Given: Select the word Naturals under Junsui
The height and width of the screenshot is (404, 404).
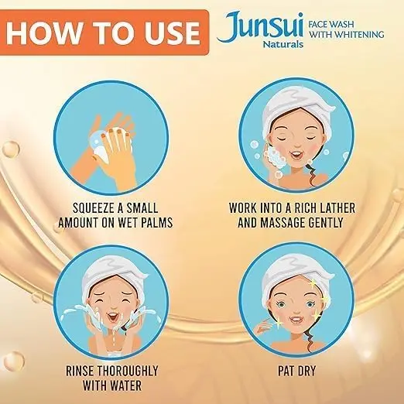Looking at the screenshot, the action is (283, 44).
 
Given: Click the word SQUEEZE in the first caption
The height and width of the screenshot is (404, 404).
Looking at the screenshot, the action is (94, 208).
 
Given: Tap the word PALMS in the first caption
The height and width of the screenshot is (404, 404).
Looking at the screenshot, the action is (156, 223).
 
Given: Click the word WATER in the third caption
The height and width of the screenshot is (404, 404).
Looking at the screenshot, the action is (126, 385).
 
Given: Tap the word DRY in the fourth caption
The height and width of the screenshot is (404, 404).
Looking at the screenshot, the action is (306, 371).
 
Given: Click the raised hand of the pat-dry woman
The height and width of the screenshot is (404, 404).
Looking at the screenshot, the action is (261, 327).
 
